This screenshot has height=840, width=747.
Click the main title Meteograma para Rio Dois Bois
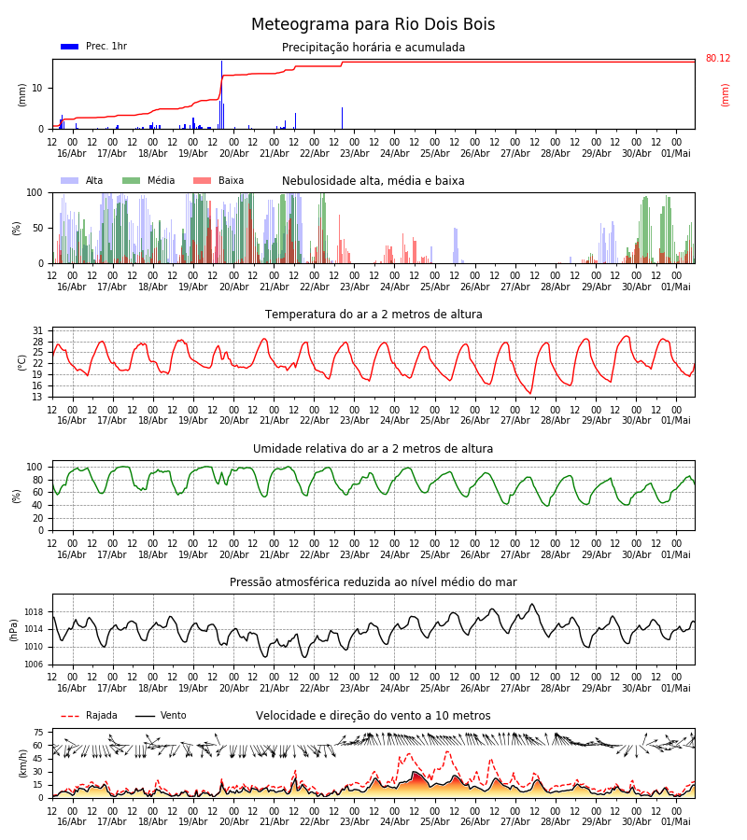pyautogui.click(x=373, y=24)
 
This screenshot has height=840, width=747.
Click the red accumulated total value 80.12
pyautogui.click(x=718, y=58)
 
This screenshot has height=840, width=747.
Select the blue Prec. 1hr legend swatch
pyautogui.click(x=70, y=47)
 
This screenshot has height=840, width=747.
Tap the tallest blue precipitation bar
pyautogui.click(x=222, y=95)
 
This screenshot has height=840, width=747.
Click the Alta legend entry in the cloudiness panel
pyautogui.click(x=82, y=180)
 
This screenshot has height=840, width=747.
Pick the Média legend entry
pyautogui.click(x=148, y=180)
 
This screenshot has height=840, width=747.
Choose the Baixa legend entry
pyautogui.click(x=218, y=180)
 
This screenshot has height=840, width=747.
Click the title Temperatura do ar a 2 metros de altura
pyautogui.click(x=373, y=315)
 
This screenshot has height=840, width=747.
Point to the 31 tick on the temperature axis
pyautogui.click(x=37, y=330)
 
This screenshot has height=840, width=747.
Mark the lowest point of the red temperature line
pyautogui.click(x=530, y=393)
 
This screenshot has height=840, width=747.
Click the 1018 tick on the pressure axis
pyautogui.click(x=34, y=611)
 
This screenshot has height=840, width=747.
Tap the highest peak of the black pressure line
pyautogui.click(x=532, y=604)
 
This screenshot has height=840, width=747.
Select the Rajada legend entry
pyautogui.click(x=89, y=715)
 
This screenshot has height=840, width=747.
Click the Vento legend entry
pyautogui.click(x=161, y=715)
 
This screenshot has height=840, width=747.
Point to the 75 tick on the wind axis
pyautogui.click(x=37, y=733)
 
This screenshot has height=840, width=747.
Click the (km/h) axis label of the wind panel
pyautogui.click(x=22, y=763)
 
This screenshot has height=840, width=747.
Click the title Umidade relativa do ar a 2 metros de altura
pyautogui.click(x=373, y=448)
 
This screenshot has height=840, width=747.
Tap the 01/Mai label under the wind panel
pyautogui.click(x=676, y=821)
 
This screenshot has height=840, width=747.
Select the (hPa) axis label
pyautogui.click(x=14, y=630)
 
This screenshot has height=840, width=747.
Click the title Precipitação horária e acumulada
pyautogui.click(x=373, y=48)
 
